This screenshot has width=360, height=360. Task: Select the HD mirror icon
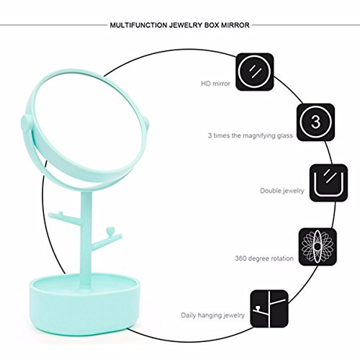click(255, 72)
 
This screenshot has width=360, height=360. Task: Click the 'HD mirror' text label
click(215, 84)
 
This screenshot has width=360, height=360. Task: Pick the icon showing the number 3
click(315, 122)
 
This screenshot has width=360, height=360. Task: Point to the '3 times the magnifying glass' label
click(251, 135)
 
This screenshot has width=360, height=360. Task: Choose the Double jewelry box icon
click(328, 183)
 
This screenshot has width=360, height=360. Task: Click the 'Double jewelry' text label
click(282, 191)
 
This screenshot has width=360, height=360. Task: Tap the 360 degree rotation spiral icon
click(318, 247)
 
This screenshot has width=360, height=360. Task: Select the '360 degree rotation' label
click(264, 258)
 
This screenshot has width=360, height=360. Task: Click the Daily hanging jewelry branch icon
click(269, 309)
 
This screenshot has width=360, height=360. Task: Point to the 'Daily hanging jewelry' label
click(212, 315)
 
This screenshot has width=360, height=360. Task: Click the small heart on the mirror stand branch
click(110, 231)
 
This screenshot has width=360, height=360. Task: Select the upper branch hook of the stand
click(66, 217)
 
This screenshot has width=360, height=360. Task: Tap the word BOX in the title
click(212, 25)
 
